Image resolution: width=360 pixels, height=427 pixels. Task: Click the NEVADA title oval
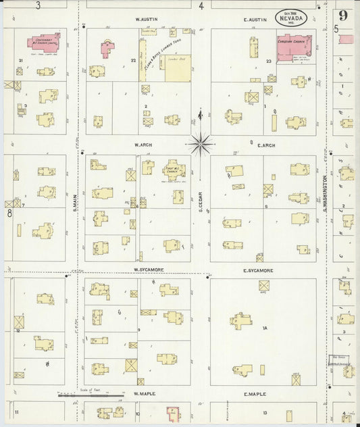[291, 18]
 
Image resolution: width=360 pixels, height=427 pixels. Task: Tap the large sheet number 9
[344, 16]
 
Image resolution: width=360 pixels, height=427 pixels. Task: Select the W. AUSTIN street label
[147, 20]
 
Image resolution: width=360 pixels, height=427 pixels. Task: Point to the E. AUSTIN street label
[257, 20]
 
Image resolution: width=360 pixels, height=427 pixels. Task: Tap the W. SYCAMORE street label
[149, 270]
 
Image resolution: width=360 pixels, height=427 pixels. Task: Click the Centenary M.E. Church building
[44, 43]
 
